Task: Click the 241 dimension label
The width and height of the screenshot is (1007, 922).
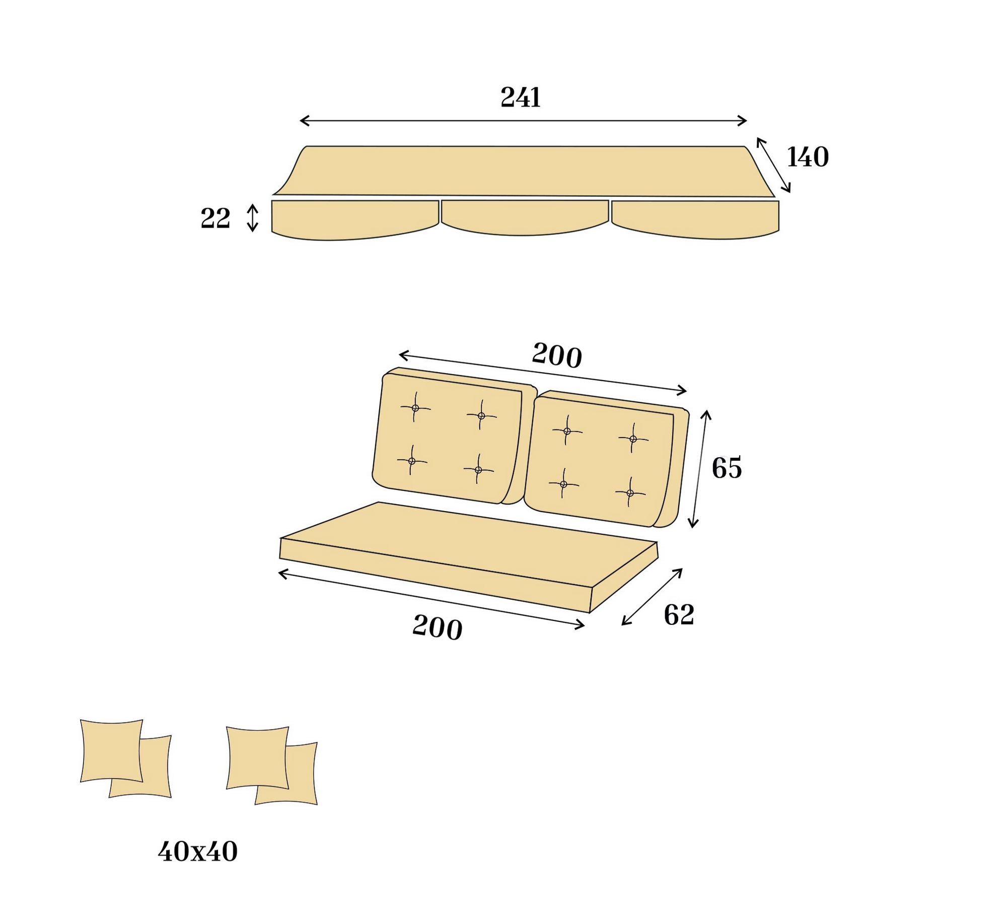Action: tap(521, 97)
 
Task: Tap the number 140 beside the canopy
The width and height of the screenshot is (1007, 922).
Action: tap(808, 157)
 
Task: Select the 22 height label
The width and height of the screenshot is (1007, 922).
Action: tap(215, 219)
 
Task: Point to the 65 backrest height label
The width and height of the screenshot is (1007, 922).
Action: tap(727, 468)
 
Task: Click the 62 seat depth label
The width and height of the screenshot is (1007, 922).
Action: tap(679, 615)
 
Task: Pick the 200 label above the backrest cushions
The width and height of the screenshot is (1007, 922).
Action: tap(557, 355)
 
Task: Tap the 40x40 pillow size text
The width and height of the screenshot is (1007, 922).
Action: tap(197, 852)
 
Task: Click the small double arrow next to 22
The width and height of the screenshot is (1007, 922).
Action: tap(253, 218)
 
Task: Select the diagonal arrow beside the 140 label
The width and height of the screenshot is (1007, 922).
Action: tap(773, 165)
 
